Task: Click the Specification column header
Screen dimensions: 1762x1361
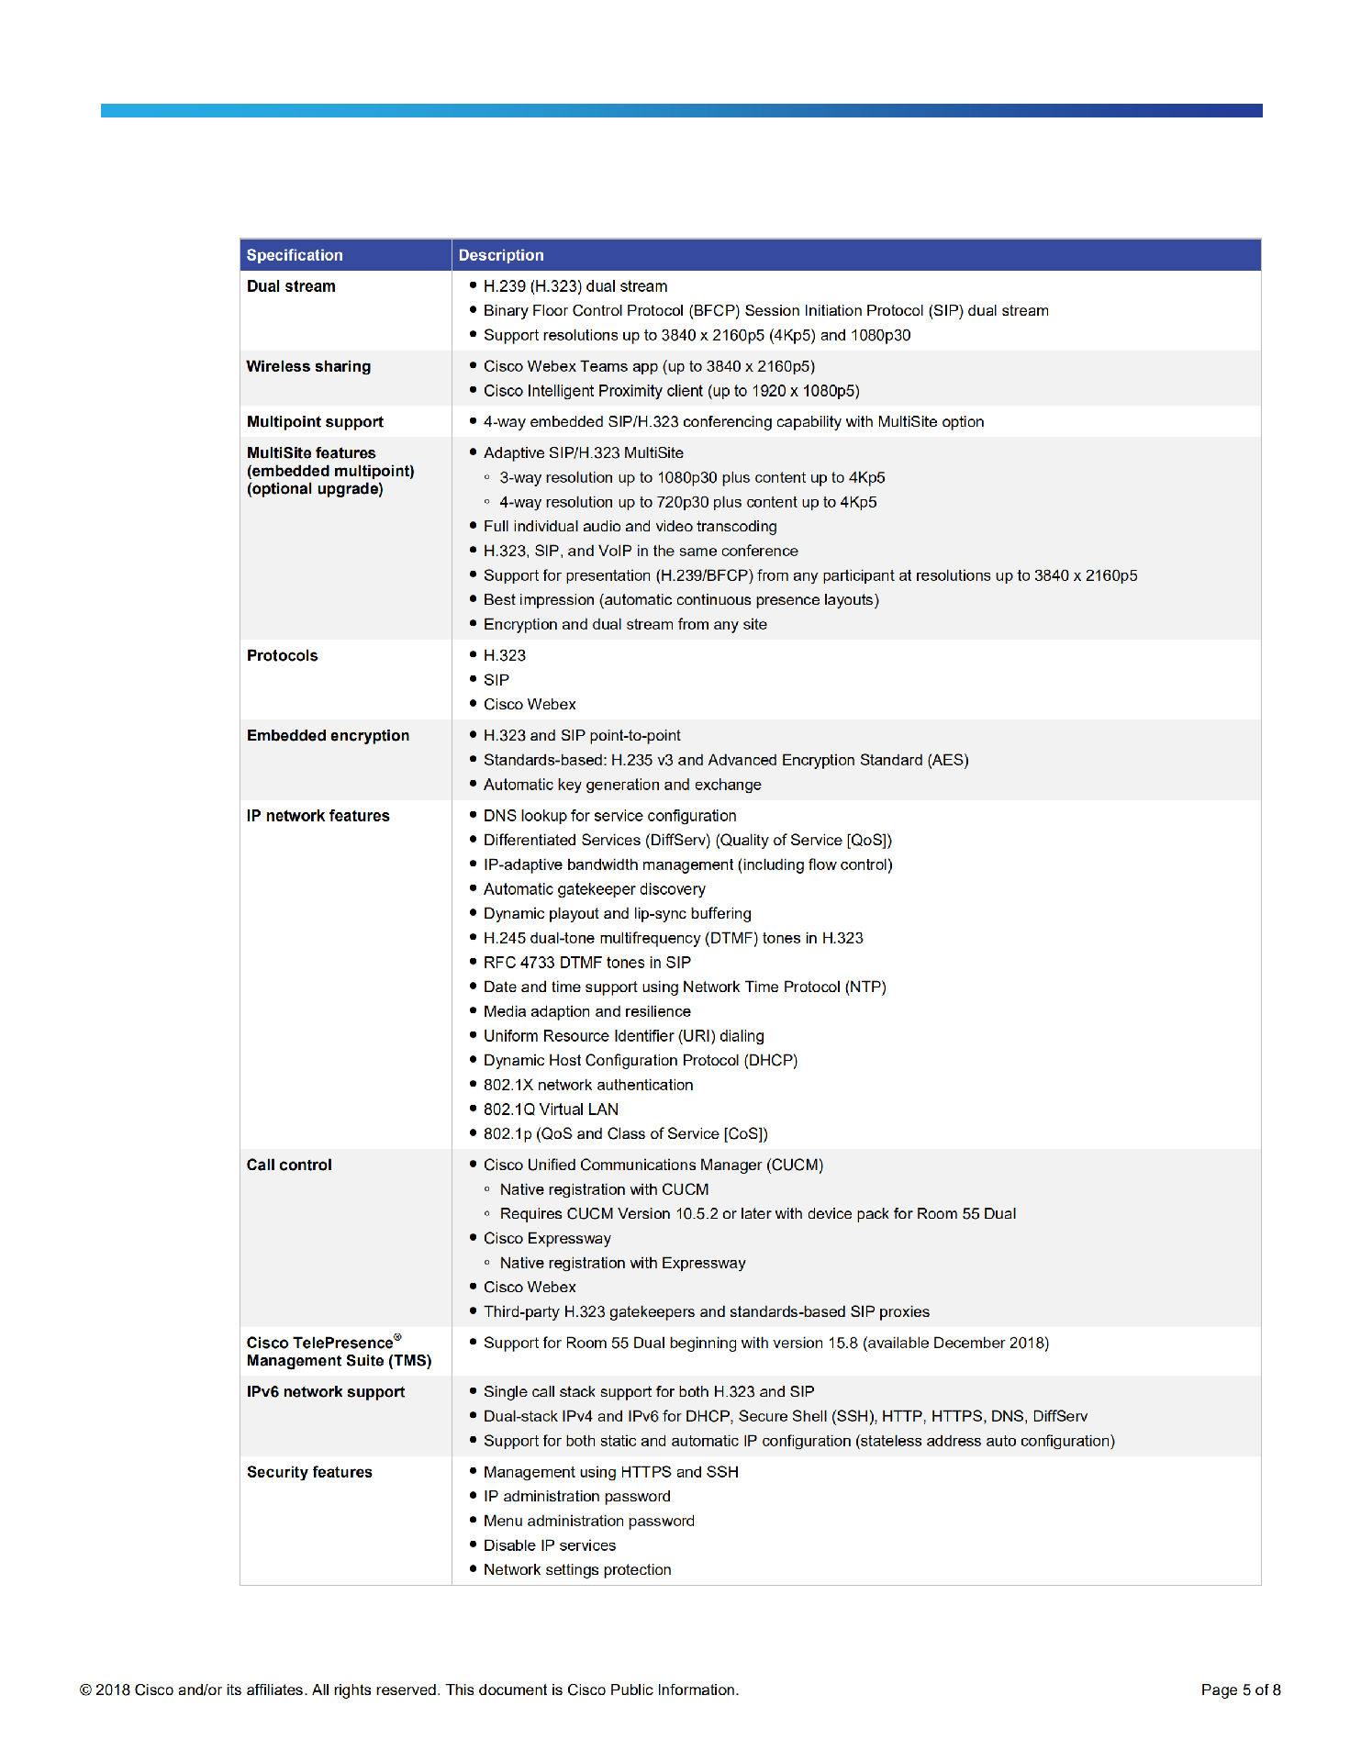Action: pos(295,255)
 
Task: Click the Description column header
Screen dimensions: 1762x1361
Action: pos(501,255)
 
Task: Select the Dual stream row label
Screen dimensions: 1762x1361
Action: pos(291,286)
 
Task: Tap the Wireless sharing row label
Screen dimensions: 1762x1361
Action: pos(308,366)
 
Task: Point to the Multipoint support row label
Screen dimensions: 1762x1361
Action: pos(315,422)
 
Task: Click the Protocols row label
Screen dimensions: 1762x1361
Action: pos(282,655)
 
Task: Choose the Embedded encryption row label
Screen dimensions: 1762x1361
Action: pos(328,735)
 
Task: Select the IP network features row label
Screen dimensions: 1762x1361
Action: pos(318,816)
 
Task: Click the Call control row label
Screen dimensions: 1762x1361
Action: pos(289,1165)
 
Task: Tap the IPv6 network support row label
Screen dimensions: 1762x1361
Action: pos(325,1391)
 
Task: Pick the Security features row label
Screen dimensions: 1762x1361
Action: pos(309,1472)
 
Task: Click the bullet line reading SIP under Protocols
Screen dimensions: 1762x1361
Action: pos(496,680)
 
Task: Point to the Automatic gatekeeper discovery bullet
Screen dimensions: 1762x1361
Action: pos(594,889)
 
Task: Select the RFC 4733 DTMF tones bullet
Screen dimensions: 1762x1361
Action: pos(586,963)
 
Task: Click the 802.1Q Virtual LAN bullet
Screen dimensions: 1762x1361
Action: pos(551,1110)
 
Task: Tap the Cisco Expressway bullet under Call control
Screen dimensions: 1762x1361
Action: pos(547,1238)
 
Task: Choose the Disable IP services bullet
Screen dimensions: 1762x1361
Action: pos(549,1545)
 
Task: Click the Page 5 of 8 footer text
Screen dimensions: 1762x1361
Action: pos(1240,1690)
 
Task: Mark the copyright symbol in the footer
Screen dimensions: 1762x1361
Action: pos(85,1690)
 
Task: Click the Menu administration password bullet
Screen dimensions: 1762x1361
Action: pos(588,1521)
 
